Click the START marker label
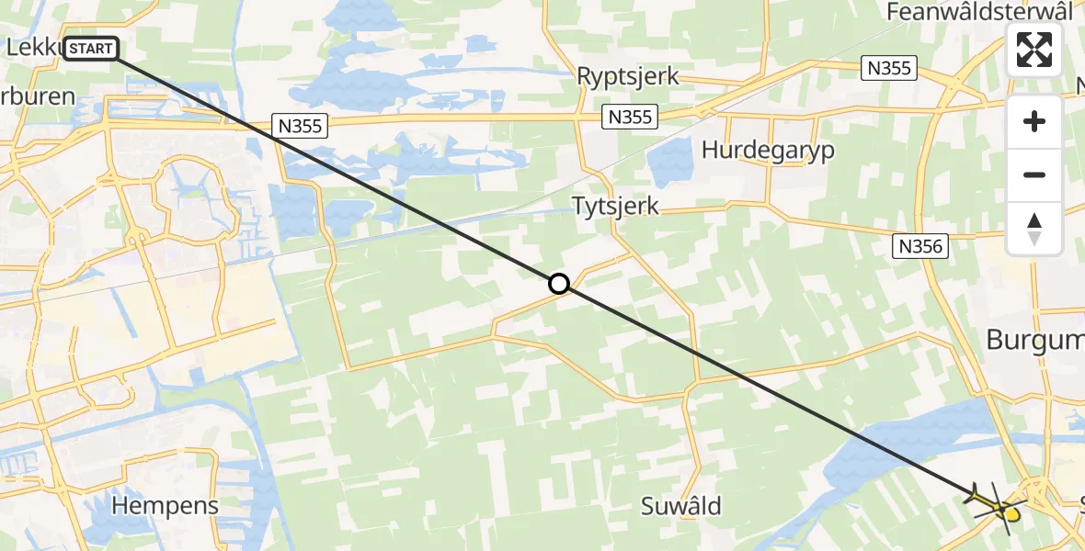[90, 48]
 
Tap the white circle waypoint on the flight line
[558, 284]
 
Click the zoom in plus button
[1034, 121]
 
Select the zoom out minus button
[1034, 174]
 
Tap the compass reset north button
[1034, 229]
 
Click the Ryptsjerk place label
[628, 76]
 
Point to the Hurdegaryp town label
[768, 150]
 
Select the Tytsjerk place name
[615, 206]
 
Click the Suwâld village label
[681, 506]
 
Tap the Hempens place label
[166, 505]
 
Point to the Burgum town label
[1034, 340]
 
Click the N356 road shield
[919, 245]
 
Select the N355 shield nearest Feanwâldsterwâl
[889, 67]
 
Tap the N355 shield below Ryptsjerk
[630, 117]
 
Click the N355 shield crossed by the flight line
[301, 126]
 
